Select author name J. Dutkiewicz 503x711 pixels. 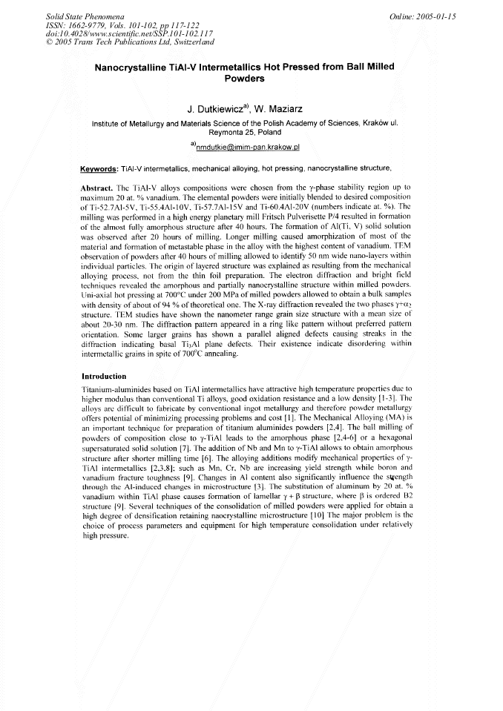click(x=216, y=109)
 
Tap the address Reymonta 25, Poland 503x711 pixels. click(x=251, y=131)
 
